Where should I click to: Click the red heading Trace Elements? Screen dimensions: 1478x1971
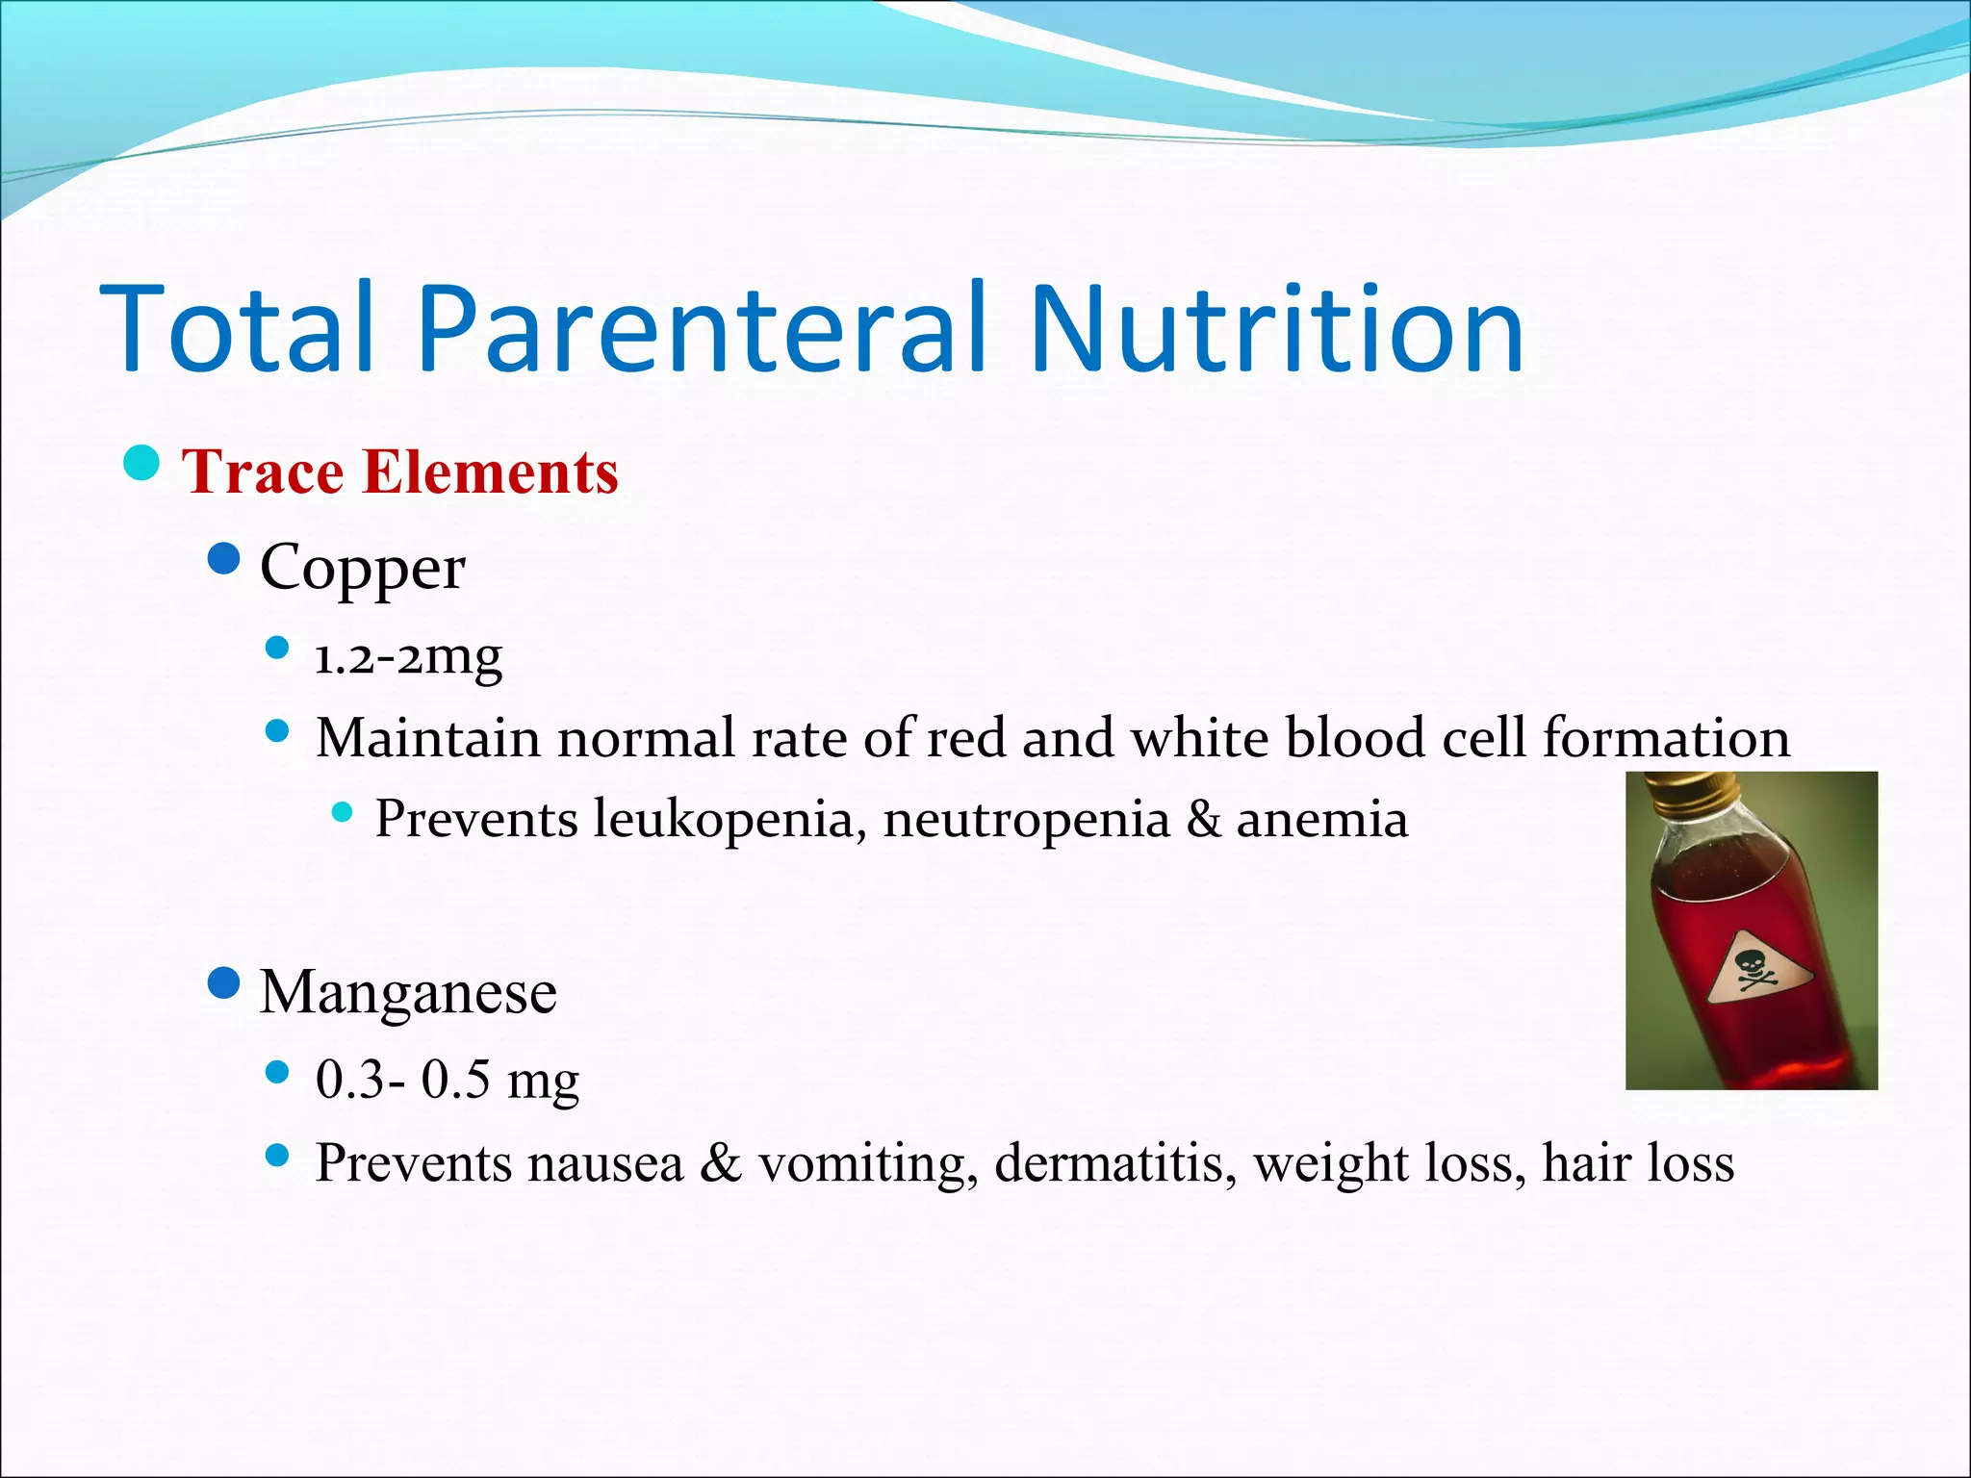point(399,472)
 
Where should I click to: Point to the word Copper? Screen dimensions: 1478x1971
point(362,568)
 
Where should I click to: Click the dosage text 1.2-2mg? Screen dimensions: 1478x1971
point(408,657)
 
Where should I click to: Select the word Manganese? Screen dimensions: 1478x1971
point(408,992)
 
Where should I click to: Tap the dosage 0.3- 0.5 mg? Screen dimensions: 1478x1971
point(447,1080)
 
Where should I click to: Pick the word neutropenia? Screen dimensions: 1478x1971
point(1026,820)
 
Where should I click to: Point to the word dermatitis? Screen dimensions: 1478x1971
point(1114,1163)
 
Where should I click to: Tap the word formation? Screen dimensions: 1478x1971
point(1666,739)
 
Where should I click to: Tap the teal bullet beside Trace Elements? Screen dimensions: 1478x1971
point(141,463)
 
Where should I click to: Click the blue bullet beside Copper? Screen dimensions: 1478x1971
point(223,558)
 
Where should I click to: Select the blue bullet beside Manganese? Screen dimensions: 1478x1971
point(223,983)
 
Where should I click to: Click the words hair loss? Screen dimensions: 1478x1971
point(1637,1163)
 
